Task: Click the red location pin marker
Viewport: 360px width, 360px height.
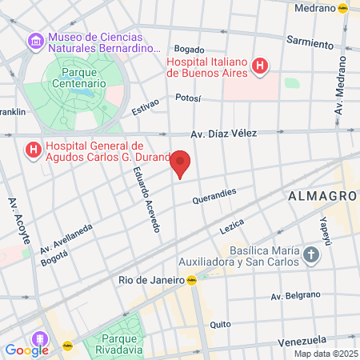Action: (182, 163)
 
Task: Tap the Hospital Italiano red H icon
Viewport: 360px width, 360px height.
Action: (260, 66)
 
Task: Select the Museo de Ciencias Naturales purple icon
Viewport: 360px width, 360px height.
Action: (35, 40)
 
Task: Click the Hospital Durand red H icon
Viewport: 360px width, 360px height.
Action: (33, 150)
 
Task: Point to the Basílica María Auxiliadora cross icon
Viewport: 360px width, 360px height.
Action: (310, 255)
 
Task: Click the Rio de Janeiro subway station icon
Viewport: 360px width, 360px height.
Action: (192, 280)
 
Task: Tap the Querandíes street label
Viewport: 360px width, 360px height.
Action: (214, 196)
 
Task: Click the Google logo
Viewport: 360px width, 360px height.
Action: (26, 350)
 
